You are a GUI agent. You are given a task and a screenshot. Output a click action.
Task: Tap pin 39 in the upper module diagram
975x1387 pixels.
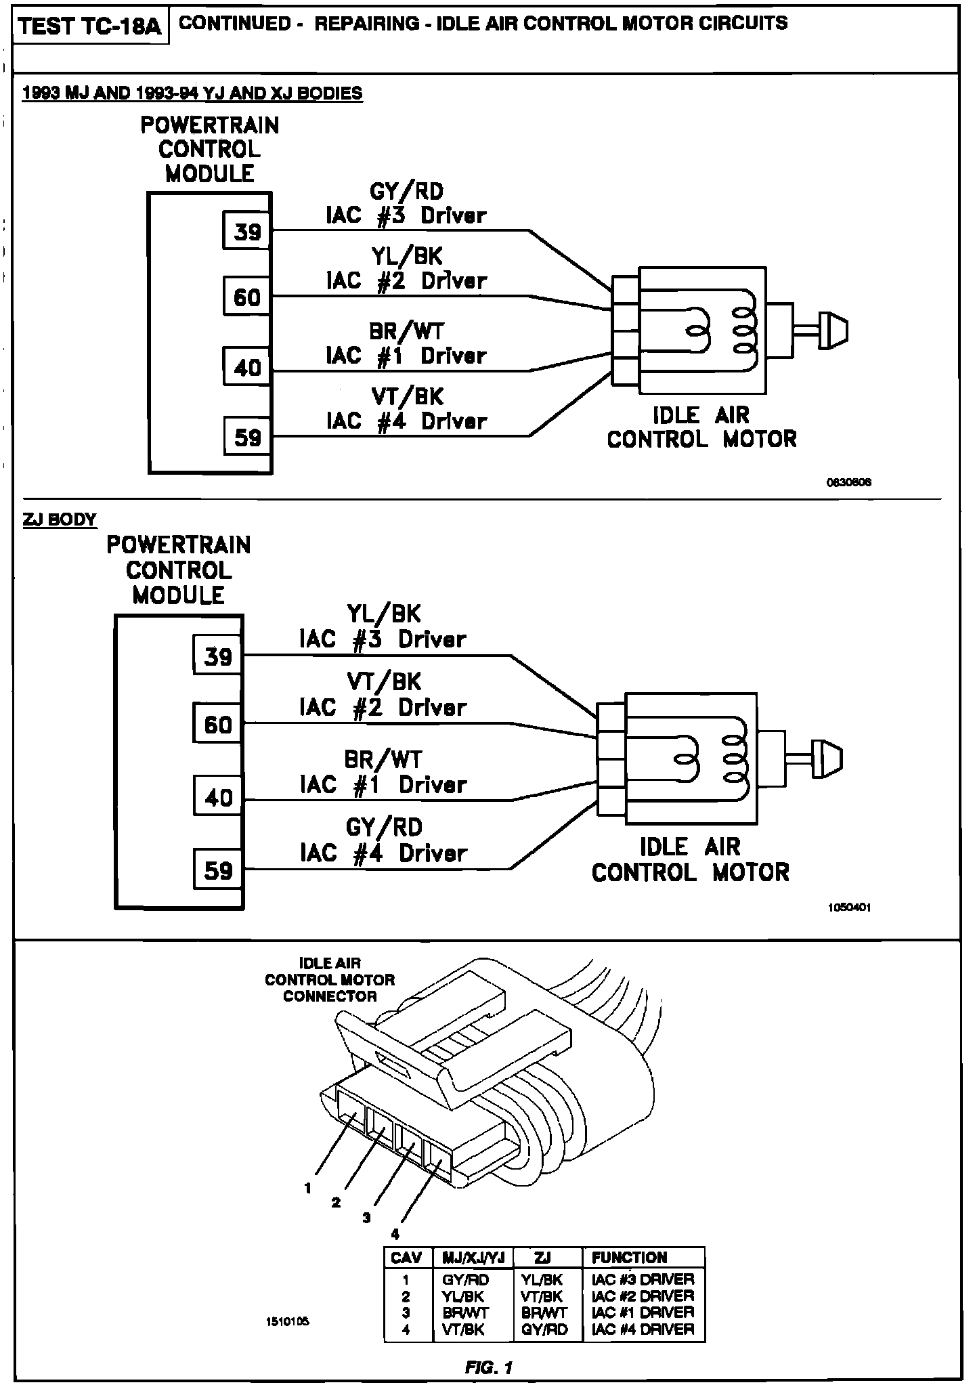(x=247, y=232)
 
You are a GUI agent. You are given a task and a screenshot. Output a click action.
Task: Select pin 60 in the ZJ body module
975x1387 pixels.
(x=217, y=725)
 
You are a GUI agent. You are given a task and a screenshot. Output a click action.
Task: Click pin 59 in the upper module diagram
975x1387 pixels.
(x=247, y=437)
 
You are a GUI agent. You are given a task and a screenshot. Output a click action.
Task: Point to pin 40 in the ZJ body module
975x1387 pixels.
(x=217, y=797)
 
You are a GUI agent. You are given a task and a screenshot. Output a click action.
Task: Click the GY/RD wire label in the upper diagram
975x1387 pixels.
(x=406, y=192)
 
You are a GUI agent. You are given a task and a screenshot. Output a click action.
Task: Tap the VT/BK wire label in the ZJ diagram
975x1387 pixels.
(x=384, y=681)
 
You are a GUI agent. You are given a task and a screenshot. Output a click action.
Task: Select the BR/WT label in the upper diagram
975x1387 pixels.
(x=406, y=331)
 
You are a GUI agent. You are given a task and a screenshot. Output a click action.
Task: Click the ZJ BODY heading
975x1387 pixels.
(x=60, y=519)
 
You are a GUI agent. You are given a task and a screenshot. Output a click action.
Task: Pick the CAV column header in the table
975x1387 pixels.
(x=407, y=1258)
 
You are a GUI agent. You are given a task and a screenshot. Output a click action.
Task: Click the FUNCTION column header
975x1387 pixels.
(x=629, y=1258)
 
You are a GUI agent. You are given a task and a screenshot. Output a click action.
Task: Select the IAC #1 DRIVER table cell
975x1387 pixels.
(x=643, y=1312)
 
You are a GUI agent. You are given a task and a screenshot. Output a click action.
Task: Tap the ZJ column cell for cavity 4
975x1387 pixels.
(x=544, y=1329)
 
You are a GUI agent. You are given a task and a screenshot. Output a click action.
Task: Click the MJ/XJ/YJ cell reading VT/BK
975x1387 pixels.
(x=464, y=1329)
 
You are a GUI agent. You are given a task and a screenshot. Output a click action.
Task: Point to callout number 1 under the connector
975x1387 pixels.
(x=307, y=1188)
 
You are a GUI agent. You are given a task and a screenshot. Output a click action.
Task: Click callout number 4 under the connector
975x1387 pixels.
(x=395, y=1234)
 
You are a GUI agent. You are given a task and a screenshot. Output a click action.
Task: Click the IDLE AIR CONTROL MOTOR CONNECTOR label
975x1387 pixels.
(x=330, y=979)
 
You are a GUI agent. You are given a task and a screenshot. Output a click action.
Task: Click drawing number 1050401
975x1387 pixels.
(x=849, y=908)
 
